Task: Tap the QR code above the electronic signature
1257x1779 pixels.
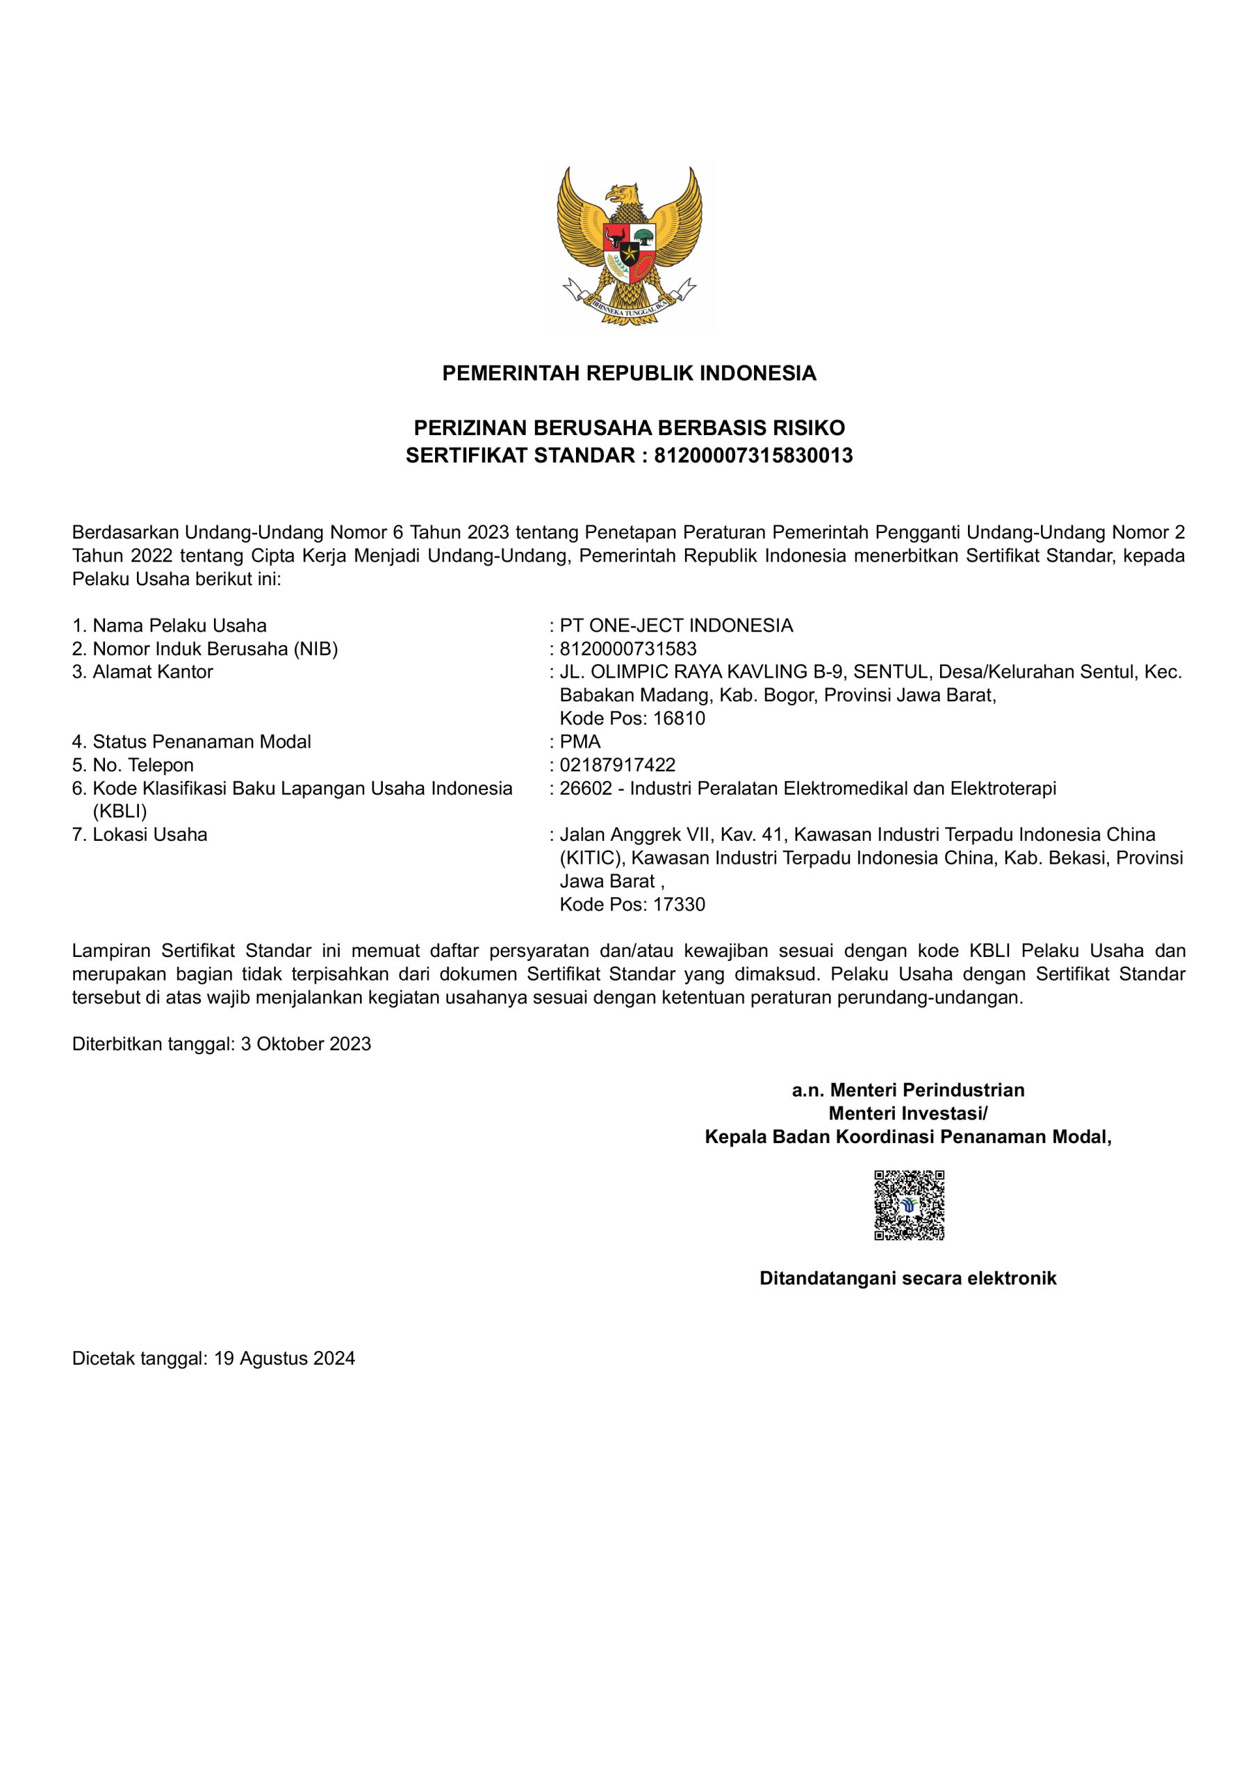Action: pos(908,1205)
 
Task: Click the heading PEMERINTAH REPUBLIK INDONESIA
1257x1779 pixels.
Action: pos(628,373)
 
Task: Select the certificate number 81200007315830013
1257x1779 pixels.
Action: pos(753,456)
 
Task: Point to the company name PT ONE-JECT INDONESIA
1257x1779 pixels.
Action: pos(676,625)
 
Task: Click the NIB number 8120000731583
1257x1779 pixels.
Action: pos(627,648)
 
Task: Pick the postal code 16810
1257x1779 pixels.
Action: pos(679,719)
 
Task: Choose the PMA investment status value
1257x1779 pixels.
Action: pos(580,741)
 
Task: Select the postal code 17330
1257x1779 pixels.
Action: pos(679,904)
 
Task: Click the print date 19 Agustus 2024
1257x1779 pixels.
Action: pos(284,1359)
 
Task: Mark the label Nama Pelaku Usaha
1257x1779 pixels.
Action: pos(179,625)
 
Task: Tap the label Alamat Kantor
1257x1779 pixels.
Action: pos(152,672)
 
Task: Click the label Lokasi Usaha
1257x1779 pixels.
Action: pos(149,835)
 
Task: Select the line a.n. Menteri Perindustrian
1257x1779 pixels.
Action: pos(907,1090)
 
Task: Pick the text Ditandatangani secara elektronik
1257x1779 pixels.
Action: pos(907,1278)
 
